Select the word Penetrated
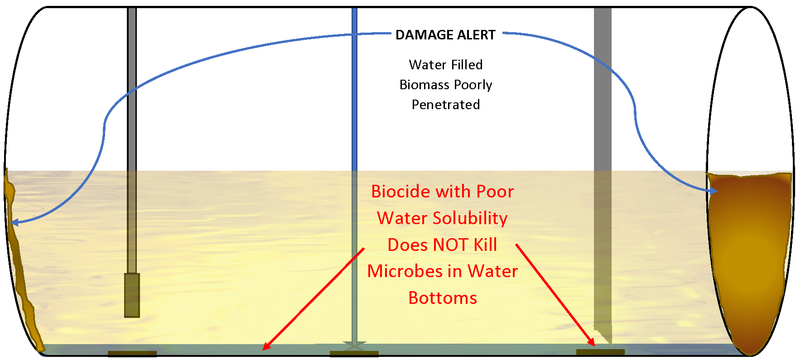pyautogui.click(x=446, y=105)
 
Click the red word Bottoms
pyautogui.click(x=443, y=298)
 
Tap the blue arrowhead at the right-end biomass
pyautogui.click(x=713, y=191)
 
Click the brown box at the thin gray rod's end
pyautogui.click(x=132, y=295)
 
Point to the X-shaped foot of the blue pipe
pyautogui.click(x=354, y=346)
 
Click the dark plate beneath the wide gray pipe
pyautogui.click(x=600, y=352)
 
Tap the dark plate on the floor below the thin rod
pyautogui.click(x=132, y=354)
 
